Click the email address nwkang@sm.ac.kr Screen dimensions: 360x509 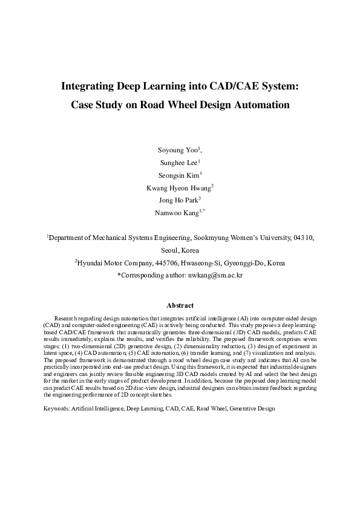click(214, 275)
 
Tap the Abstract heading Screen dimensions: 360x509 click(180, 306)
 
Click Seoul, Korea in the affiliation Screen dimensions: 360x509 click(180, 250)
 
